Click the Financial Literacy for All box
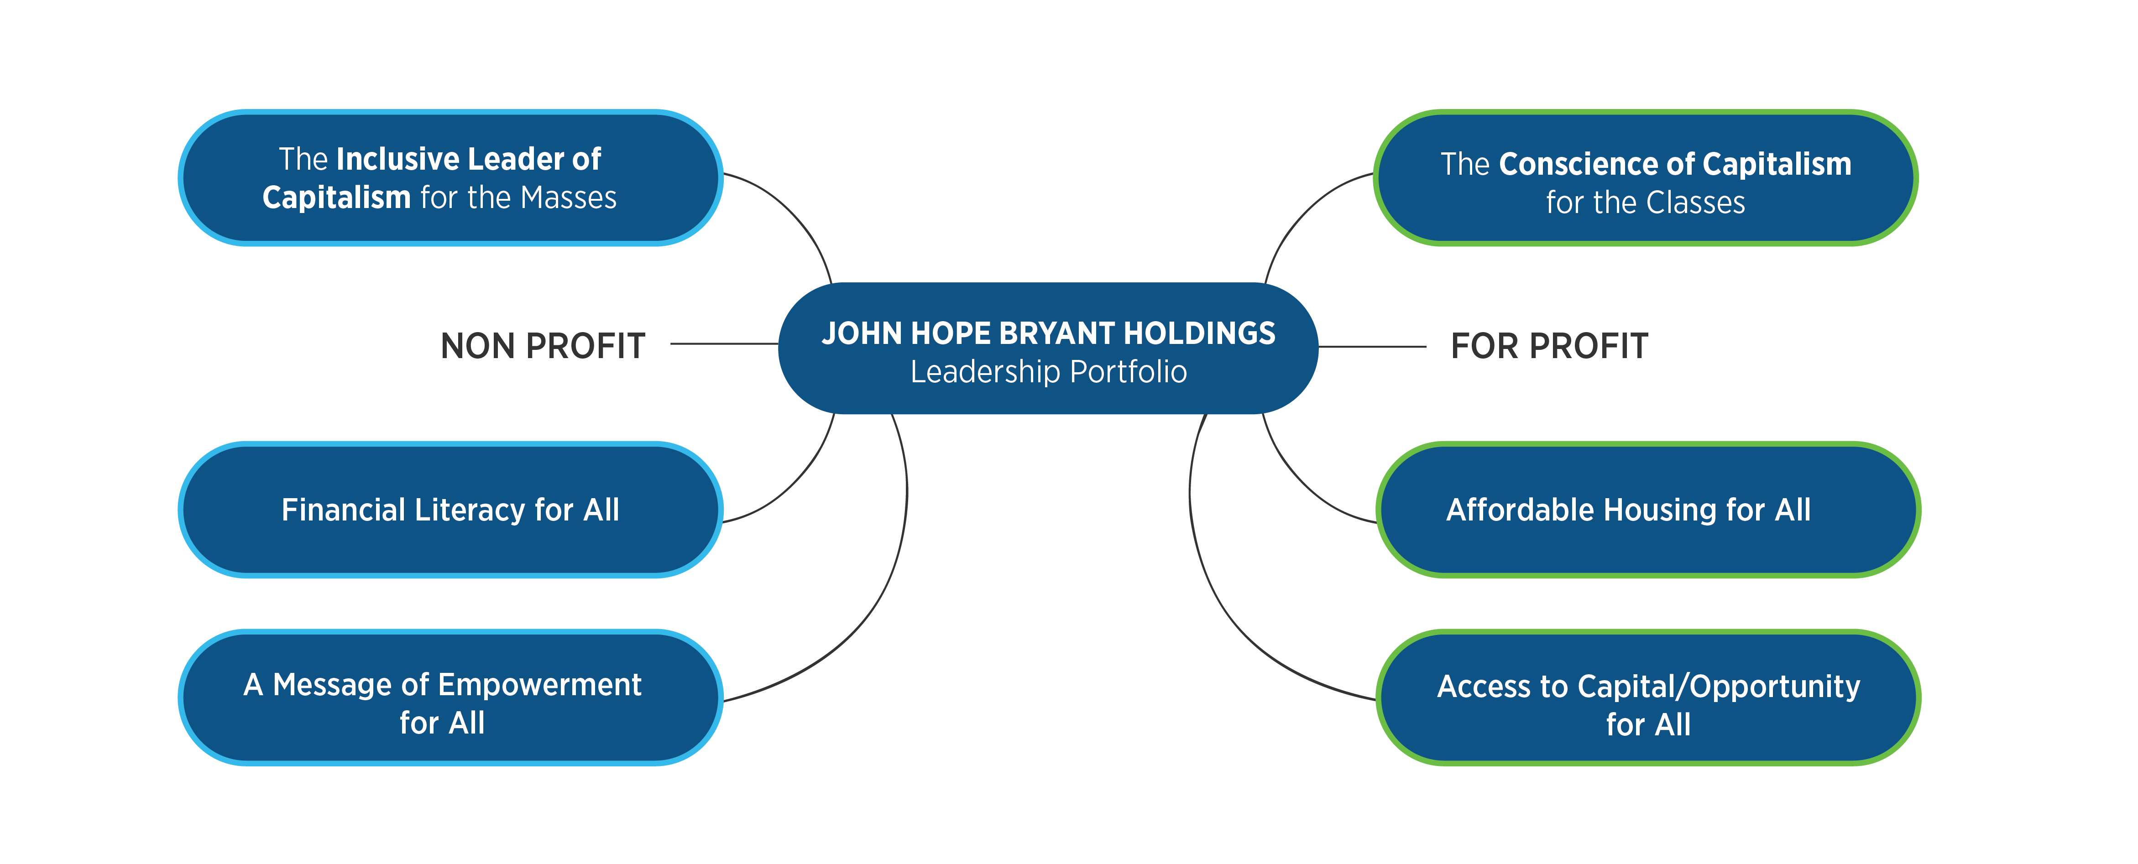pos(450,510)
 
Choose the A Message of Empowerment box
pos(450,697)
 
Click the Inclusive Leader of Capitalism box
pos(450,177)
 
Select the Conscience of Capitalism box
pos(1646,177)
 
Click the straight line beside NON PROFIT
pos(724,344)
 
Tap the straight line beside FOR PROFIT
pos(1372,347)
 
